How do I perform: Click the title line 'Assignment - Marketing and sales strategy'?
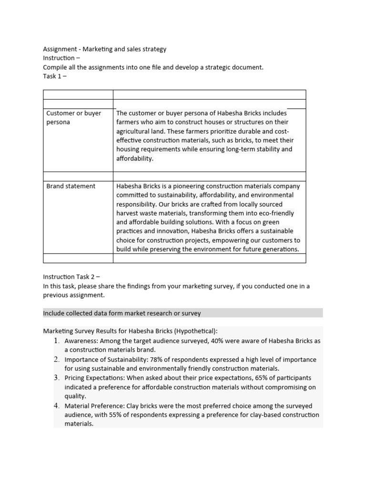click(105, 49)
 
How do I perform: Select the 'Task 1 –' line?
click(55, 76)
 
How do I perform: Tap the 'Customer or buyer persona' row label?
click(73, 118)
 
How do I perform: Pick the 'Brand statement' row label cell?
click(71, 186)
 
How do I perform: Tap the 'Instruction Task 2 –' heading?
click(71, 277)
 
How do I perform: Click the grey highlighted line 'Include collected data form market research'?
click(122, 313)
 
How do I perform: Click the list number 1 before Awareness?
click(56, 341)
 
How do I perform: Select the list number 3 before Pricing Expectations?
click(56, 378)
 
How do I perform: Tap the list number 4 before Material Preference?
click(56, 406)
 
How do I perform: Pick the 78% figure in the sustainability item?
click(158, 359)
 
